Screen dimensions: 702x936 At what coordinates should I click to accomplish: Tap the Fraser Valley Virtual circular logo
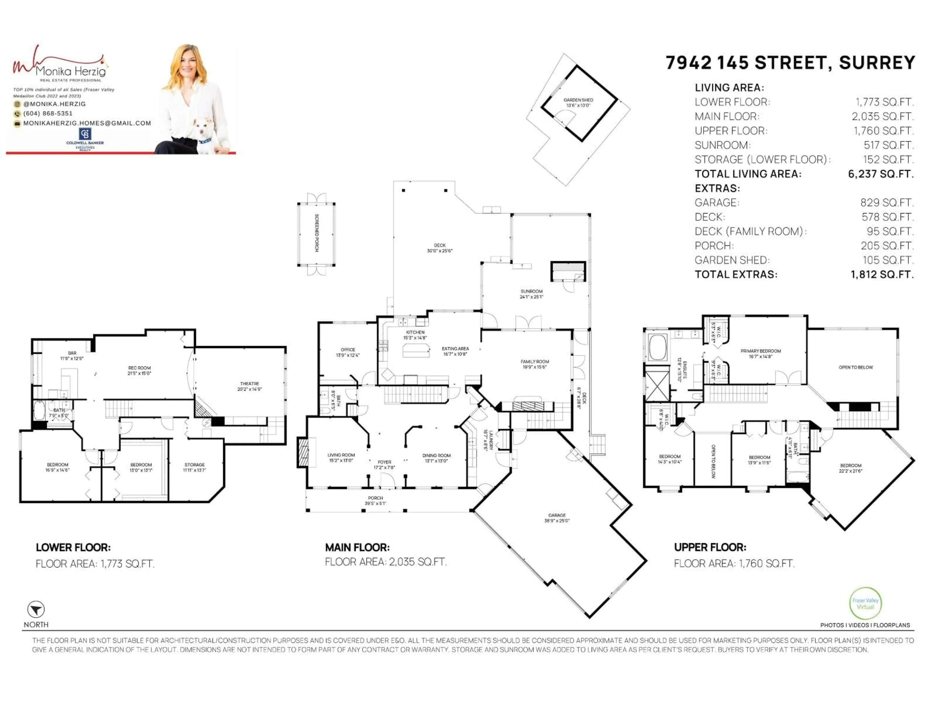tap(865, 604)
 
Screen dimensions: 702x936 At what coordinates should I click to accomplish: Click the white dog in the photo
tap(204, 135)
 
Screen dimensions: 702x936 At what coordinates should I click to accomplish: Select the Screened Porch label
tap(317, 233)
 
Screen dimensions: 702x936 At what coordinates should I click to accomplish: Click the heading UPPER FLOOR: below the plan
tap(710, 547)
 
